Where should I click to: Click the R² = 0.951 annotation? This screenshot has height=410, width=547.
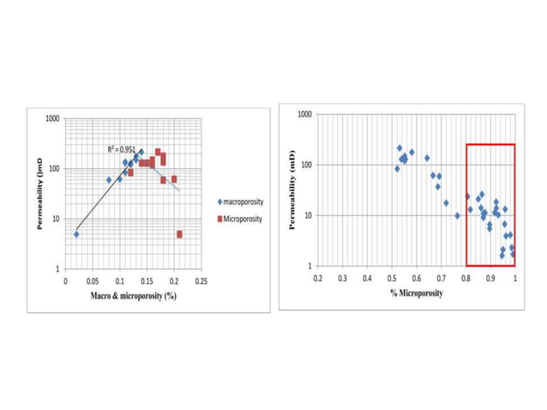click(x=121, y=149)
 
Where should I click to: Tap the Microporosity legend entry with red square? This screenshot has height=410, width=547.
click(x=241, y=219)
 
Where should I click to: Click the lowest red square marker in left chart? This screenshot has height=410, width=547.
click(x=179, y=234)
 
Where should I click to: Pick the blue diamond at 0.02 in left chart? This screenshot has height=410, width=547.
click(x=76, y=234)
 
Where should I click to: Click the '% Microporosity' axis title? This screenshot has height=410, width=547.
click(x=416, y=294)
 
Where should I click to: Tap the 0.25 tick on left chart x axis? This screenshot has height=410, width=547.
click(x=201, y=280)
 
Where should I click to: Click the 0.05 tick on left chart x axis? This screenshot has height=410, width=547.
click(x=93, y=280)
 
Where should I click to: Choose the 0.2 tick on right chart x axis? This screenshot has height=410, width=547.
click(x=318, y=279)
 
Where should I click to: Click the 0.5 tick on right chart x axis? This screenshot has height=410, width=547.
click(x=392, y=279)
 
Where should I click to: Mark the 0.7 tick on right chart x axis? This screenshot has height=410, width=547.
click(x=441, y=279)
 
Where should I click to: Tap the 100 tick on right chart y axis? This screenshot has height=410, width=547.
click(x=306, y=165)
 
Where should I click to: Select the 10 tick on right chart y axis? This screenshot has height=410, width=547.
click(x=308, y=215)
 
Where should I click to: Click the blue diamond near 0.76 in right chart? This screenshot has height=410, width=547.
click(x=457, y=216)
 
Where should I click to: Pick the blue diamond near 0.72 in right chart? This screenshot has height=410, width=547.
click(x=446, y=203)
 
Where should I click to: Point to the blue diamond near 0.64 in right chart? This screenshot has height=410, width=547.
click(x=427, y=158)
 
